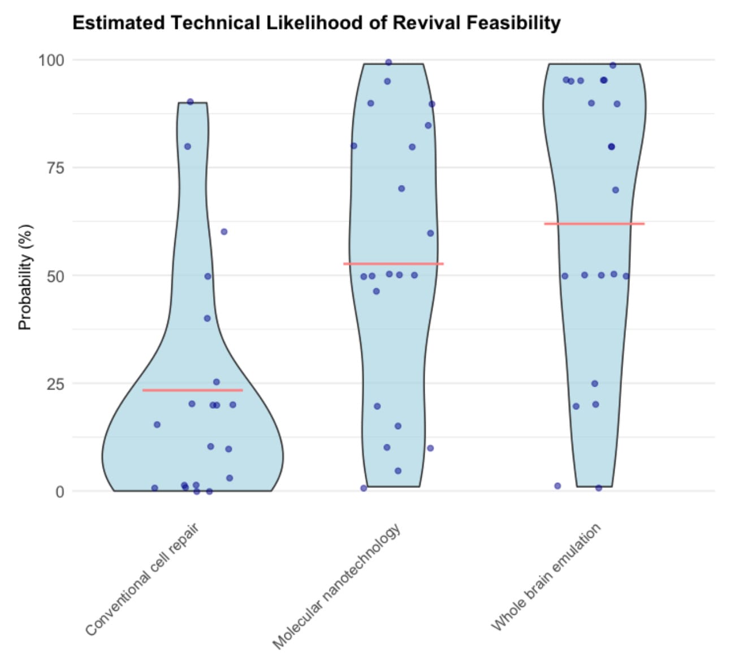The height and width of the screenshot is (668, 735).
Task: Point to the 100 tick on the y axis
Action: pyautogui.click(x=51, y=59)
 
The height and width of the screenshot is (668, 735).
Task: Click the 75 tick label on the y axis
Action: pyautogui.click(x=55, y=168)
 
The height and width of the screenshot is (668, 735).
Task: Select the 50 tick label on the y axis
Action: pyautogui.click(x=55, y=276)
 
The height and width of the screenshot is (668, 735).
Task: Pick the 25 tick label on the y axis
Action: pyautogui.click(x=55, y=383)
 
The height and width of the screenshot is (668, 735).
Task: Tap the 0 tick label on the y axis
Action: pyautogui.click(x=59, y=491)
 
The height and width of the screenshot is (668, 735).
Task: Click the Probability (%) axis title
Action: pyautogui.click(x=25, y=277)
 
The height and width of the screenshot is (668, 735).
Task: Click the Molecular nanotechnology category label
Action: pyautogui.click(x=337, y=585)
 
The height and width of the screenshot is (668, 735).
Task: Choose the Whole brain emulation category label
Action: pyautogui.click(x=546, y=576)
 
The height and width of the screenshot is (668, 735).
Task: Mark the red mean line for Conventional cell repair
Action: pyautogui.click(x=192, y=390)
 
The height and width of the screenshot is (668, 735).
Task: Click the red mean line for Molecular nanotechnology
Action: pyautogui.click(x=394, y=264)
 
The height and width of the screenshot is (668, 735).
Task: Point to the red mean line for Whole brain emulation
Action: pyautogui.click(x=594, y=224)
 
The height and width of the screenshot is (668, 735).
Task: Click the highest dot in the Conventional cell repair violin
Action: pyautogui.click(x=190, y=102)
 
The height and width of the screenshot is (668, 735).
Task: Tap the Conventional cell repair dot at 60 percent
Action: pyautogui.click(x=224, y=232)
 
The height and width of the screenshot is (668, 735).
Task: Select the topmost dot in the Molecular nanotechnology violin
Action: pyautogui.click(x=388, y=62)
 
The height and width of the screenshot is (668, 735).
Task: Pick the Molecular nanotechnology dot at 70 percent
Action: pyautogui.click(x=401, y=189)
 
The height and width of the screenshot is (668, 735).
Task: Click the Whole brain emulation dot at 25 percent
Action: pyautogui.click(x=595, y=384)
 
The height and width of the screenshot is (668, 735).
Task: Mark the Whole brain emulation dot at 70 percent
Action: pyautogui.click(x=616, y=190)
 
